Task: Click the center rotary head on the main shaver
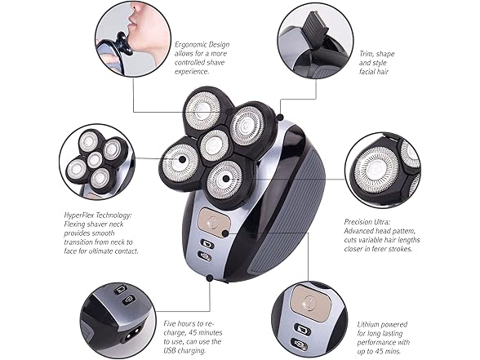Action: pos(215,145)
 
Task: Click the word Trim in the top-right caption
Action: pos(368,52)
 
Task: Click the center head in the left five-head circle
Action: pos(94,158)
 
